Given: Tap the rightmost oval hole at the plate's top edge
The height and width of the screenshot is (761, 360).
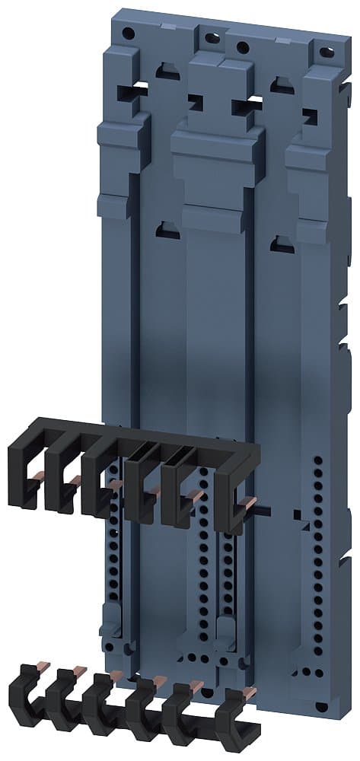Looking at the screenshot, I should (327, 53).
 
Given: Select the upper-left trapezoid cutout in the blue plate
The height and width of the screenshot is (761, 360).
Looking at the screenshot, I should (164, 70).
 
